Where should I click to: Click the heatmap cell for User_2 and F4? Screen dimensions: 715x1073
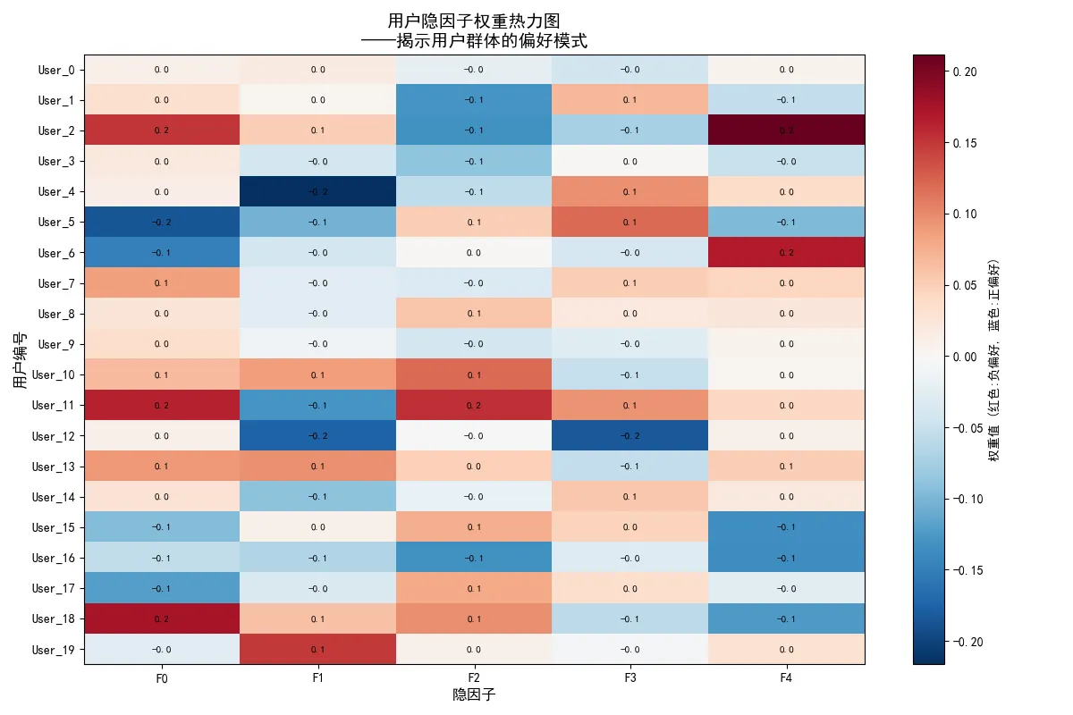(x=786, y=130)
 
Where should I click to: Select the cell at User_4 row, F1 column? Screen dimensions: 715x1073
(x=317, y=191)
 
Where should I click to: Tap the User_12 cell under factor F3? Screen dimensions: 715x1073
(x=629, y=435)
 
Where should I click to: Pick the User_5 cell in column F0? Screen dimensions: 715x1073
(x=162, y=222)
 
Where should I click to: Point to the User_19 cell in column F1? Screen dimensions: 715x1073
(x=317, y=649)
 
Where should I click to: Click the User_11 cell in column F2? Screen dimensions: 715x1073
(x=474, y=405)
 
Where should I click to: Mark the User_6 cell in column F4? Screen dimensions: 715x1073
(x=786, y=252)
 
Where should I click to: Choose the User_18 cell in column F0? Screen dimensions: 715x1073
(x=162, y=618)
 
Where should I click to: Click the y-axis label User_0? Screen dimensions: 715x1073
(x=56, y=70)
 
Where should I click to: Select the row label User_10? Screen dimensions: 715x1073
(x=54, y=374)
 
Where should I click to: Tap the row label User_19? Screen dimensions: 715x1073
(x=54, y=649)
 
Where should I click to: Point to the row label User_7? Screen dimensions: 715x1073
(x=56, y=283)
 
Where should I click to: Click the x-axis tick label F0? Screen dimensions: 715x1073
(x=162, y=678)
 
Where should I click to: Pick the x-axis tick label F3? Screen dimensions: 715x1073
(x=629, y=678)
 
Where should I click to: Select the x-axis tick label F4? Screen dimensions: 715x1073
(x=786, y=678)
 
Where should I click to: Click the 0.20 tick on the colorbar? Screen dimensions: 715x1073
(x=964, y=71)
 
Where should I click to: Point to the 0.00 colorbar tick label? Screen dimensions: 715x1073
(x=964, y=357)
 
